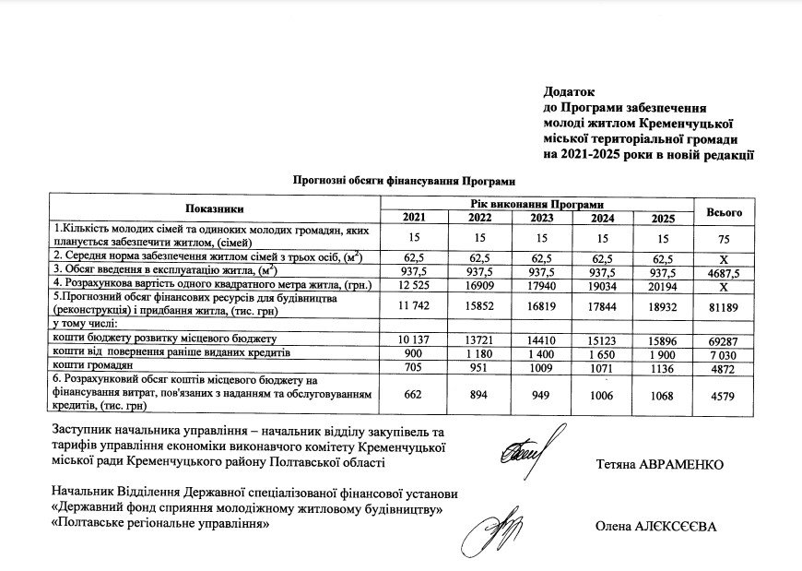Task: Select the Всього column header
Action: click(724, 212)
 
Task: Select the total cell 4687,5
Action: click(724, 271)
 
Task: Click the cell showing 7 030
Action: click(724, 354)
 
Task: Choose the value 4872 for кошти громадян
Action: click(724, 368)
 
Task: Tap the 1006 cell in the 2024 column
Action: click(600, 396)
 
